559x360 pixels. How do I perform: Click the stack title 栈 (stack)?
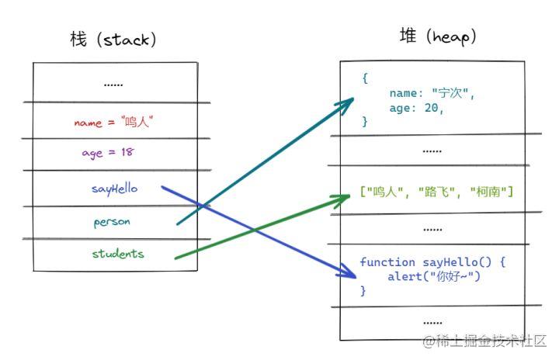click(113, 40)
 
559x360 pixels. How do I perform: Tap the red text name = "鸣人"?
click(120, 122)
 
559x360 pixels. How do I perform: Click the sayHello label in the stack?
click(113, 189)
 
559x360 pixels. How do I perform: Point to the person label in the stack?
click(112, 222)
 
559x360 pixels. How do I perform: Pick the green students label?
click(118, 254)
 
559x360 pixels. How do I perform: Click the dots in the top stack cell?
click(113, 84)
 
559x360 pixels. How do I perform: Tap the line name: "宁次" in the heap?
click(432, 94)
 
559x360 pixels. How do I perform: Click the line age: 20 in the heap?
click(417, 109)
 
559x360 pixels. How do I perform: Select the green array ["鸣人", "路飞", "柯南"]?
click(437, 190)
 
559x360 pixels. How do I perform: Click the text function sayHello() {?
click(432, 262)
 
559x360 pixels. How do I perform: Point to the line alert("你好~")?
click(434, 276)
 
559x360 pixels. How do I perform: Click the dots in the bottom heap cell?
click(432, 321)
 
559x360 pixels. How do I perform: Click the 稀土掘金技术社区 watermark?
click(485, 341)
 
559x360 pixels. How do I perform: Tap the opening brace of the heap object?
click(365, 79)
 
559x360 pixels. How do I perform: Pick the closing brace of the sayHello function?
click(363, 290)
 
